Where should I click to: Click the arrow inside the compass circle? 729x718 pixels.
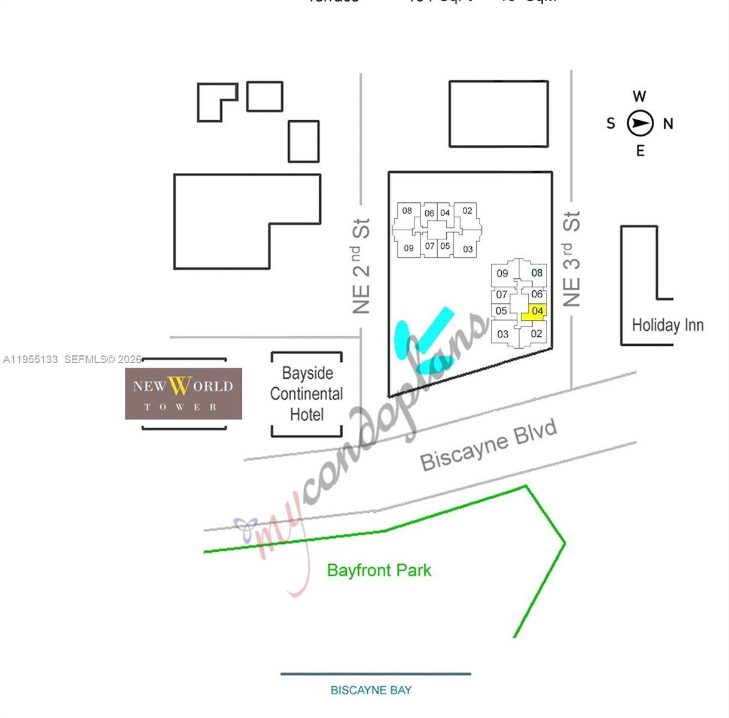[x=640, y=124]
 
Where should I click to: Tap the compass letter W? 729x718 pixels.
[x=639, y=96]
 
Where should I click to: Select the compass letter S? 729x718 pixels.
[x=611, y=124]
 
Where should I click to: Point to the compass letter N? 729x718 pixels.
[x=668, y=124]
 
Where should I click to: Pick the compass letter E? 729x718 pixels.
[x=640, y=151]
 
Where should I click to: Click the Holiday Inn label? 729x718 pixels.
[x=667, y=325]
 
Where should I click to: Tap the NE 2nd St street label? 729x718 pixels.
[x=361, y=266]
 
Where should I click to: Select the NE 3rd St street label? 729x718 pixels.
[x=572, y=259]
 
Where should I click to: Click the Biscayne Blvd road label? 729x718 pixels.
[x=489, y=446]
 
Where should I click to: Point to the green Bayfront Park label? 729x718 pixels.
[x=379, y=570]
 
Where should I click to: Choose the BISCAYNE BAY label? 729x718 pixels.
[x=371, y=690]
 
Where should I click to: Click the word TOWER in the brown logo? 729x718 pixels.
[x=181, y=407]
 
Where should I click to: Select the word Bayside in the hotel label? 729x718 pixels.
[x=307, y=373]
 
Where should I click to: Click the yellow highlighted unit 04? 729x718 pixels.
[x=535, y=312]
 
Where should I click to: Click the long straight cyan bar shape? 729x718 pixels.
[x=435, y=328]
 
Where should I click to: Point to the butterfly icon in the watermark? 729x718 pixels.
[x=246, y=527]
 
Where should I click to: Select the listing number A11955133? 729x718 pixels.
[x=30, y=360]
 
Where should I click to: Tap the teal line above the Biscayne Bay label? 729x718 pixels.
[x=376, y=674]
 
